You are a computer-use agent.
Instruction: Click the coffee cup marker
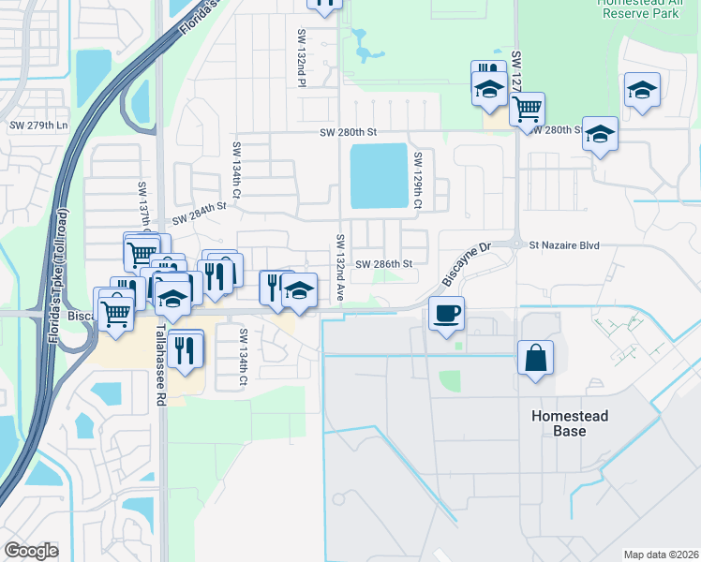coord(447,313)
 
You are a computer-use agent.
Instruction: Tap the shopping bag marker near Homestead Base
coord(535,359)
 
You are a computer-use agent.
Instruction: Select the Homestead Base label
coord(570,423)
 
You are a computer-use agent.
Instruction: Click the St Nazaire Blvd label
coord(563,245)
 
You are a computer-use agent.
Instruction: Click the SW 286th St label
coord(384,264)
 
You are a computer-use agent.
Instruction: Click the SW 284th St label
coord(200,206)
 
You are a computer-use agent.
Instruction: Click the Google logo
coord(31,551)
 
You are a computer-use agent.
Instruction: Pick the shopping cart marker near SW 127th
coord(527,109)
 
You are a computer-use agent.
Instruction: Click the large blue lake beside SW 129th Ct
coord(379,177)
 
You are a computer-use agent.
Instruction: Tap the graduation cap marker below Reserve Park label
coord(642,91)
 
